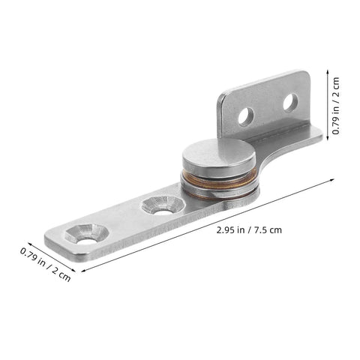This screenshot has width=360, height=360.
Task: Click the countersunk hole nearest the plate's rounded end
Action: click(82, 235)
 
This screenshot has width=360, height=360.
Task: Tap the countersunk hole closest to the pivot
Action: click(160, 204)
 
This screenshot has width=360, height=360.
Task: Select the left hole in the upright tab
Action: click(244, 116)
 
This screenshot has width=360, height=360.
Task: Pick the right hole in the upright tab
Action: click(289, 101)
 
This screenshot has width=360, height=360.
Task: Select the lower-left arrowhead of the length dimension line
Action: click(81, 271)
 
